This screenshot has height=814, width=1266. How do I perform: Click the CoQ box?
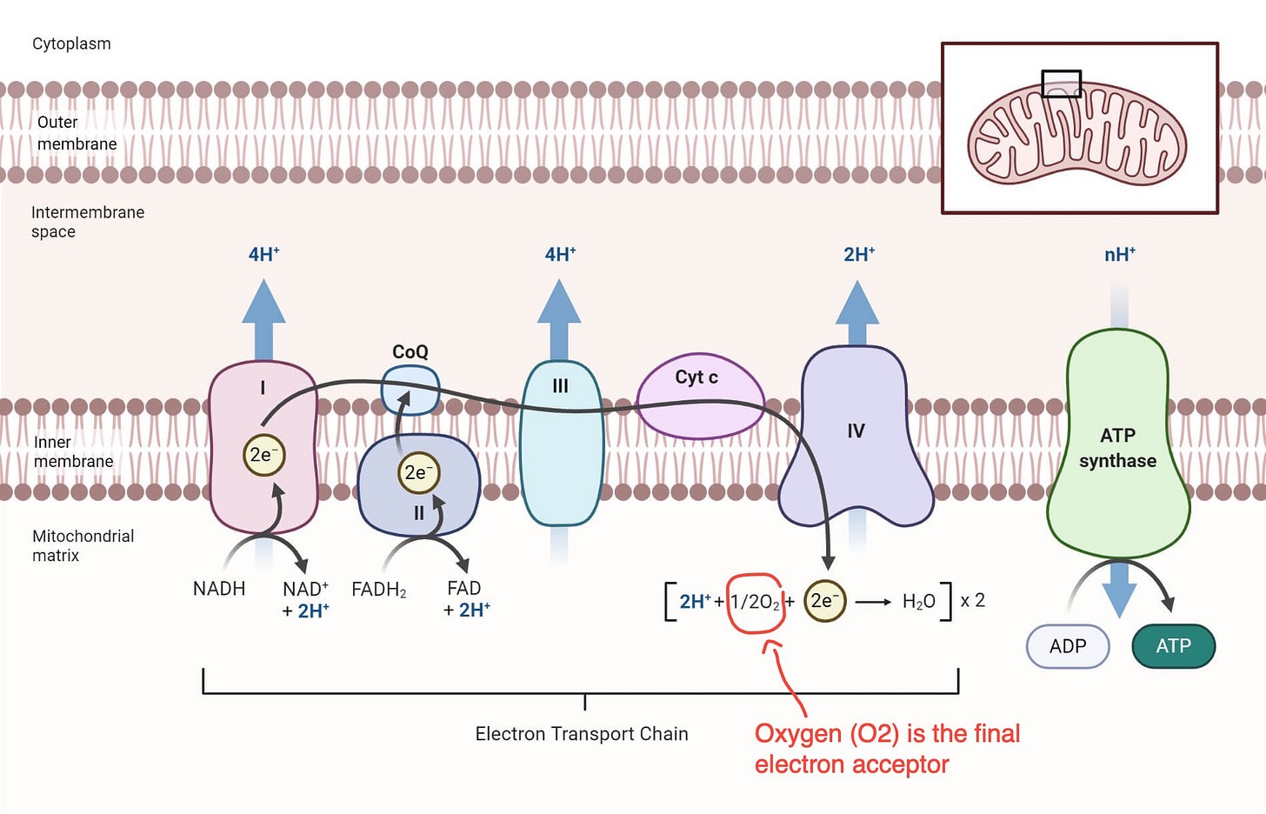pos(410,390)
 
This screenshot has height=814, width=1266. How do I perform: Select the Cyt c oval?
pos(700,397)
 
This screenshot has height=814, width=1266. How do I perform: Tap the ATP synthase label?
pos(1117,448)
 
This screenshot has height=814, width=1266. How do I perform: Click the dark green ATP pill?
pos(1173,646)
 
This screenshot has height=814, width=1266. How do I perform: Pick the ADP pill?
pos(1068,646)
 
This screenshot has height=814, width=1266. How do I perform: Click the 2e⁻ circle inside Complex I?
pos(263,455)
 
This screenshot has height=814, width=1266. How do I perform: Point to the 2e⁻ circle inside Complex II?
pos(418,472)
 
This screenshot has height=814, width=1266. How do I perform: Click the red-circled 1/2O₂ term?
pos(755,602)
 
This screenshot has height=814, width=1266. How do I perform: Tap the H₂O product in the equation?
pos(918,601)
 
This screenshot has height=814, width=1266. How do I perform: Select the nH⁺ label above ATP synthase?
pos(1119,255)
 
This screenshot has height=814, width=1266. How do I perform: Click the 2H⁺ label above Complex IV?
pos(858,255)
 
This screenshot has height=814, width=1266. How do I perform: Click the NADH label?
pos(219,589)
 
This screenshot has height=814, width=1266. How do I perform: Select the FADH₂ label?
pos(378,590)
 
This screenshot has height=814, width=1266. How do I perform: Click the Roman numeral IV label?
pos(856,430)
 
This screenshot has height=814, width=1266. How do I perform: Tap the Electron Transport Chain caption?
pos(582,734)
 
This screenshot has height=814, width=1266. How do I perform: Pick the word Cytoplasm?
pos(71,43)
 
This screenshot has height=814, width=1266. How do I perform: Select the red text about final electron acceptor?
pos(886,749)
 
